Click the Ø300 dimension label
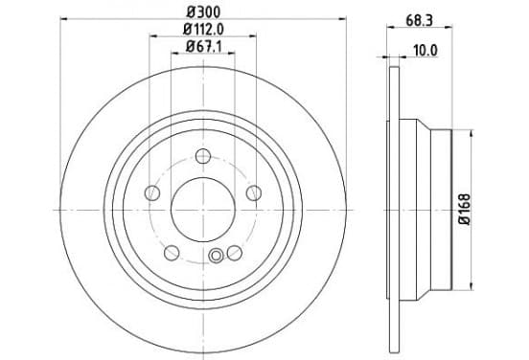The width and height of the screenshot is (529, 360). [203, 12]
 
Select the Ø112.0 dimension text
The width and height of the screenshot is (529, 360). [203, 30]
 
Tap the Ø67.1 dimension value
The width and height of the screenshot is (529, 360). [203, 47]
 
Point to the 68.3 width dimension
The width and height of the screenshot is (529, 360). [419, 20]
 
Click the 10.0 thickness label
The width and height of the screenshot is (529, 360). [425, 51]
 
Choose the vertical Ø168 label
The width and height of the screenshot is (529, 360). [465, 210]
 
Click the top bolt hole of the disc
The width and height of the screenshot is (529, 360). [203, 156]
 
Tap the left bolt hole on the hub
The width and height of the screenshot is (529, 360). [152, 193]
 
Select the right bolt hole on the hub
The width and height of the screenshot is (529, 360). [254, 193]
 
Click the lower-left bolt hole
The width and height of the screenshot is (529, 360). [172, 253]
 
